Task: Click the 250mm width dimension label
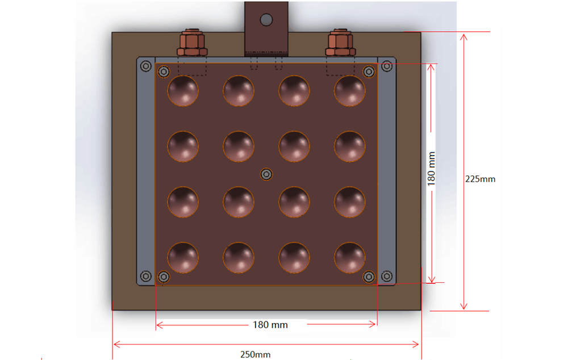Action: click(x=255, y=354)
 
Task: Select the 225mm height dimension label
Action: click(x=480, y=179)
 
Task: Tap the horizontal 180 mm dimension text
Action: click(x=270, y=325)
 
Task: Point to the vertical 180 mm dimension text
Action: click(x=431, y=168)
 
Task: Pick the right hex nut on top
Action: click(x=340, y=43)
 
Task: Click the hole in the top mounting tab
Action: click(x=266, y=20)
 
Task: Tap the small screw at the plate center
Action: click(x=265, y=174)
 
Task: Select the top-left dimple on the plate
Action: click(x=183, y=91)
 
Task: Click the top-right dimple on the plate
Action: click(x=350, y=91)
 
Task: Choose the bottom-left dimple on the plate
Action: click(x=183, y=258)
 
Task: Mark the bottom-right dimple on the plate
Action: click(x=350, y=258)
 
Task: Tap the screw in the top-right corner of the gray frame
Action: click(x=387, y=66)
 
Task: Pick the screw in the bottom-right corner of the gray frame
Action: click(x=387, y=276)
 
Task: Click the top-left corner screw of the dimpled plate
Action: click(x=164, y=72)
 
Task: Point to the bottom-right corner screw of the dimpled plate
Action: click(x=369, y=277)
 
